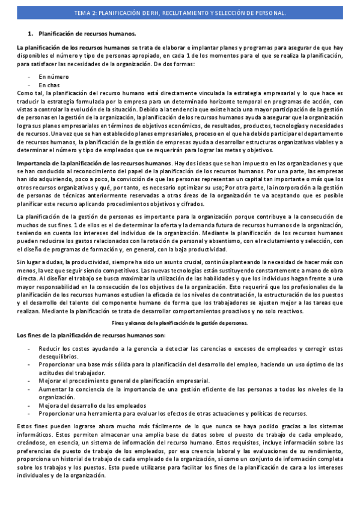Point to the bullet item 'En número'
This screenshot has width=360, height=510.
pos(53,77)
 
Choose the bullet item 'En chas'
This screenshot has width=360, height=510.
pos(50,85)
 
